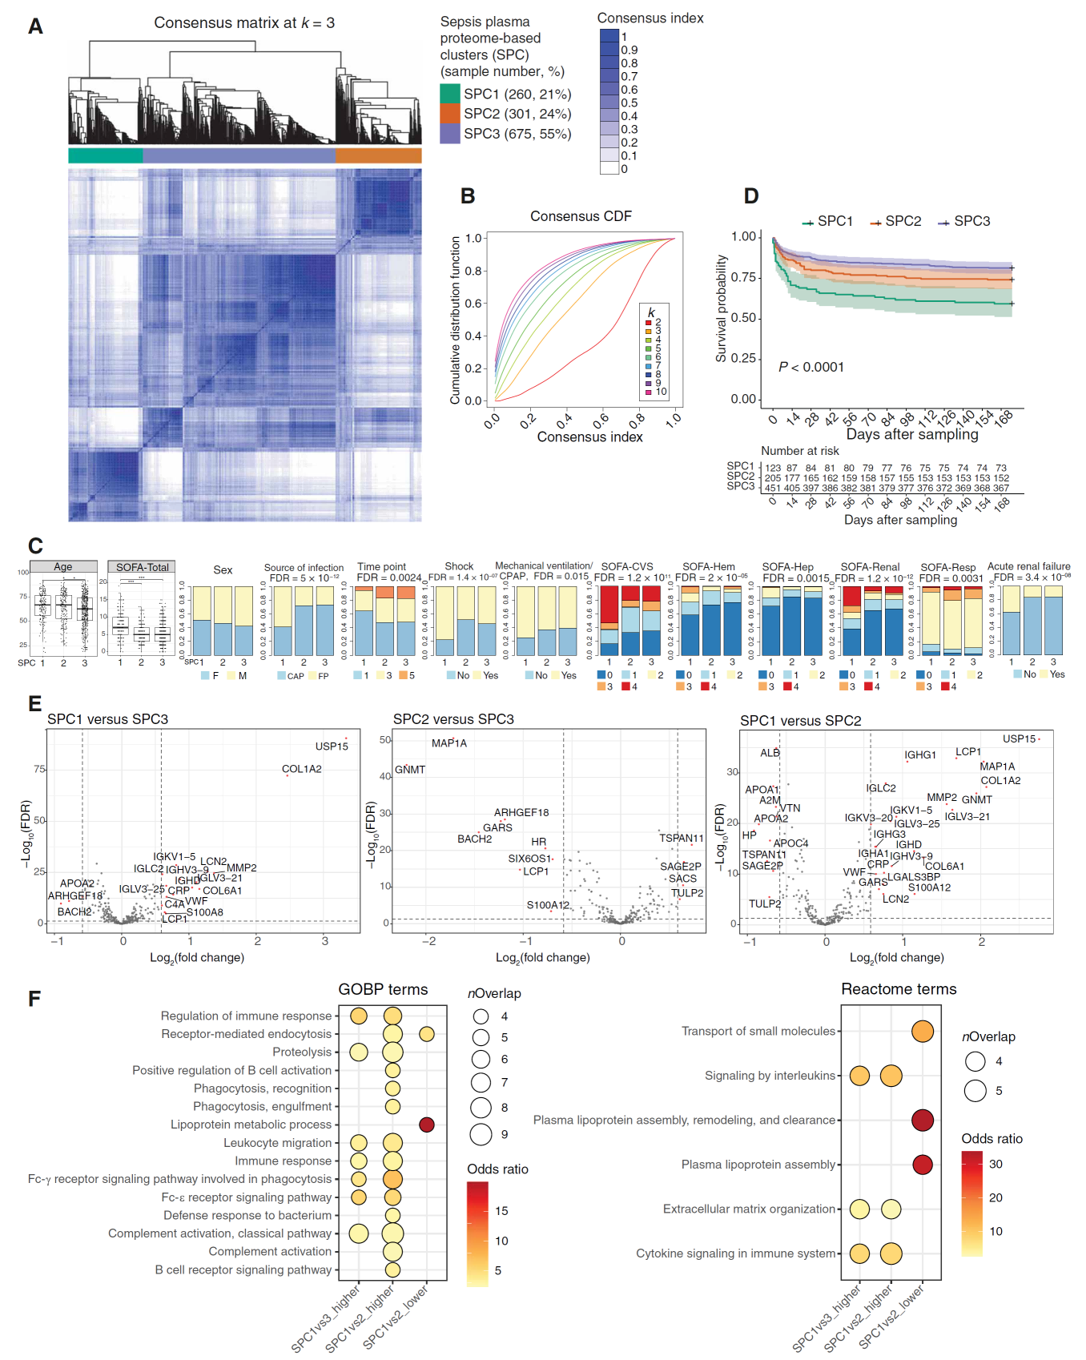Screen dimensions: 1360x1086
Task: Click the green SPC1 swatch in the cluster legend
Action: click(450, 94)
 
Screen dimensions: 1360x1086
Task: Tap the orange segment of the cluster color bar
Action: click(378, 155)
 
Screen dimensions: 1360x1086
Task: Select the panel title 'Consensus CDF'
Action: click(581, 216)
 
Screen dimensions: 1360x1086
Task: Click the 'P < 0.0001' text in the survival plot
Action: click(810, 367)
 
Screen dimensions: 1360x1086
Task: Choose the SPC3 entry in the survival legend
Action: click(964, 221)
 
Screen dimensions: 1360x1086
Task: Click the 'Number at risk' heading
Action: click(799, 451)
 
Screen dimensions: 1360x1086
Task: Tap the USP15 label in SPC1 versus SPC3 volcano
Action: click(332, 746)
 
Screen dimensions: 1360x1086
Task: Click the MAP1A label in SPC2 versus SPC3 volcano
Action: click(448, 743)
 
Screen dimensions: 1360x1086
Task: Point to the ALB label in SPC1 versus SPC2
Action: click(770, 753)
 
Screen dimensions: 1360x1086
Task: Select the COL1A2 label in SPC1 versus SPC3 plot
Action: click(301, 769)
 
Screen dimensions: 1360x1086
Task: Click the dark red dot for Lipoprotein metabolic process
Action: click(427, 1125)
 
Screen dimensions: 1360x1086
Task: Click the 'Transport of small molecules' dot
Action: click(922, 1031)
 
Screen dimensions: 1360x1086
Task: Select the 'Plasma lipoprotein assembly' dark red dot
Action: click(922, 1164)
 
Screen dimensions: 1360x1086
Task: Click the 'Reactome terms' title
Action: click(898, 989)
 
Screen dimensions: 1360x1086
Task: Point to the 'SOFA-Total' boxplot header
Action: click(142, 567)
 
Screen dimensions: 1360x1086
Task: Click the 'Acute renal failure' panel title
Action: click(1028, 566)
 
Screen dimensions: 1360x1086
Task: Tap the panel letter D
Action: click(750, 196)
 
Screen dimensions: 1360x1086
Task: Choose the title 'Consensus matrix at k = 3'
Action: click(244, 23)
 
